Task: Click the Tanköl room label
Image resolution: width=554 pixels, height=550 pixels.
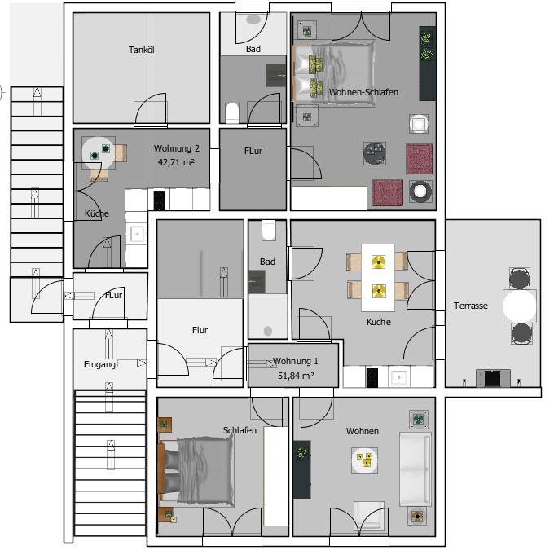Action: [x=141, y=50]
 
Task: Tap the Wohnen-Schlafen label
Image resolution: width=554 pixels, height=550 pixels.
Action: [x=363, y=92]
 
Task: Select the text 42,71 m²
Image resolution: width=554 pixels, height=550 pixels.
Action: [x=176, y=162]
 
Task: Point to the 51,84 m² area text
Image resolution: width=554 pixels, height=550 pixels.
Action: [x=296, y=376]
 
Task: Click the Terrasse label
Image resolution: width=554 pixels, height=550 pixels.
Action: [x=471, y=306]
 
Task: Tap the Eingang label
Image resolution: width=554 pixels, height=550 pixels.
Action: [x=99, y=364]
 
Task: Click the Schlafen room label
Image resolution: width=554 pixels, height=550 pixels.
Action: [x=240, y=430]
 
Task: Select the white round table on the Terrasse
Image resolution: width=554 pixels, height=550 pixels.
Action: [x=520, y=306]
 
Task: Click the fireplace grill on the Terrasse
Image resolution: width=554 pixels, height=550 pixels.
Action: [x=493, y=378]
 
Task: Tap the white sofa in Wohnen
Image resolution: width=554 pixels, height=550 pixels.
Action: [x=415, y=469]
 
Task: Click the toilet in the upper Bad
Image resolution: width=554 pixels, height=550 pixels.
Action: [x=232, y=112]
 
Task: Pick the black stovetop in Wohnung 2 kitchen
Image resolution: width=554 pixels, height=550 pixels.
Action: [x=160, y=200]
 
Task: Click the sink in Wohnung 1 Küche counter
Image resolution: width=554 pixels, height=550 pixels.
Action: [x=399, y=377]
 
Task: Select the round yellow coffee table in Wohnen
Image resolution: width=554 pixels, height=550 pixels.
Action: [x=364, y=460]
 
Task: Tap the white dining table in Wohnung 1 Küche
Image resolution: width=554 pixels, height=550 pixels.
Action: [x=378, y=278]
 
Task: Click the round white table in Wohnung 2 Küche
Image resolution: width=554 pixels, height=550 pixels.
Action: [x=99, y=152]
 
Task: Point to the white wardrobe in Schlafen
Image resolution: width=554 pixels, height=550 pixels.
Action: [x=276, y=476]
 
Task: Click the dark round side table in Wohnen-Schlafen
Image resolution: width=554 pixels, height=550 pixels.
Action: [x=375, y=153]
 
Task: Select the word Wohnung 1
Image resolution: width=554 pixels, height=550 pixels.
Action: [x=296, y=361]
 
